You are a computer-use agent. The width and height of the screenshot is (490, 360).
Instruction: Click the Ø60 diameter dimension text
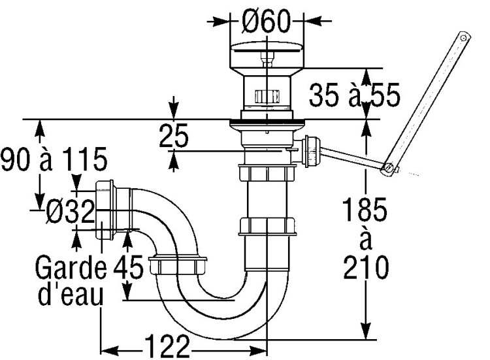[267, 22]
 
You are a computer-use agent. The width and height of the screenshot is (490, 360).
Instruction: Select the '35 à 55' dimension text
[354, 94]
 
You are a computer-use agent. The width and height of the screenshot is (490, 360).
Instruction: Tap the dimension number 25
[174, 135]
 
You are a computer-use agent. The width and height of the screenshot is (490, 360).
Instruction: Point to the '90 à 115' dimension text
[54, 159]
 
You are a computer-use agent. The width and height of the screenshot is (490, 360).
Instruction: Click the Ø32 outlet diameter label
[70, 211]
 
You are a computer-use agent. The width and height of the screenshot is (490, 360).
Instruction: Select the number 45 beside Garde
[128, 267]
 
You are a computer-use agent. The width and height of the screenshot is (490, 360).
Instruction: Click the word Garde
[71, 267]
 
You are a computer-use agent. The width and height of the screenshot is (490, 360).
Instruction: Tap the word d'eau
[71, 295]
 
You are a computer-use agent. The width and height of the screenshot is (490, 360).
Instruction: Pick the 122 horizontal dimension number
[167, 346]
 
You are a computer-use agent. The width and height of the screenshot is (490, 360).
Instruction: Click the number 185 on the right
[365, 209]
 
